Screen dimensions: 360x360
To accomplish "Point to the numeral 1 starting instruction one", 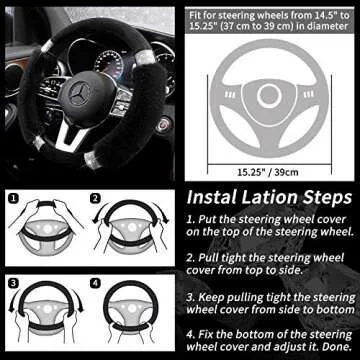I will click(191, 218).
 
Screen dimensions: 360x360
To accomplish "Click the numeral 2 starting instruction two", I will click(191, 257).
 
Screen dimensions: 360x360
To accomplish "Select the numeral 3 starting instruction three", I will click(191, 296).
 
